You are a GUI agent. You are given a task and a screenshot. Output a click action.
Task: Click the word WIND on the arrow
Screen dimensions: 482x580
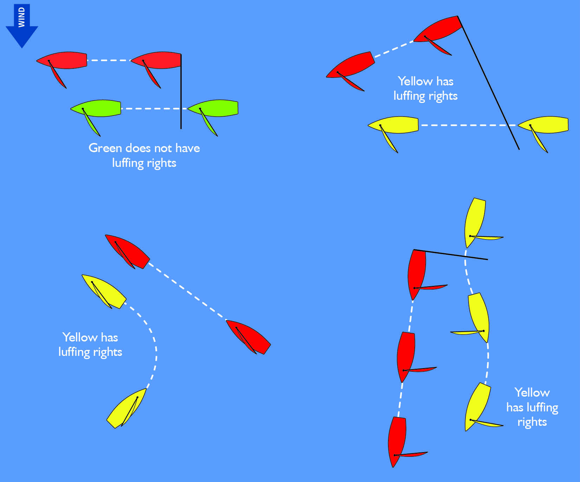(x=22, y=17)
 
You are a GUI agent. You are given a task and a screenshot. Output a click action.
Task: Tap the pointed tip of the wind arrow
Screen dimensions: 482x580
(x=22, y=47)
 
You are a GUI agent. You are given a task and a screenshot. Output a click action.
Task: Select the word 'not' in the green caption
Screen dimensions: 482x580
(x=163, y=148)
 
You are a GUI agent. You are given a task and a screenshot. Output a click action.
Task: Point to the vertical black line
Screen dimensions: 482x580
(x=181, y=91)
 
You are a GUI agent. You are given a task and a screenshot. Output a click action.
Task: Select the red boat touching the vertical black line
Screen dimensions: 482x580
(x=158, y=60)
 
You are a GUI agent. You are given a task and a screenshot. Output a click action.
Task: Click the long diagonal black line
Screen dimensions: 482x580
(x=488, y=83)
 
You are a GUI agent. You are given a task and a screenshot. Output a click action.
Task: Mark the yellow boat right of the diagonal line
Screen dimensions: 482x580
(x=545, y=125)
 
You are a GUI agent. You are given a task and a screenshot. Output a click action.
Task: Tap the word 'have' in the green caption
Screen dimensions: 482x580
(x=188, y=148)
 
